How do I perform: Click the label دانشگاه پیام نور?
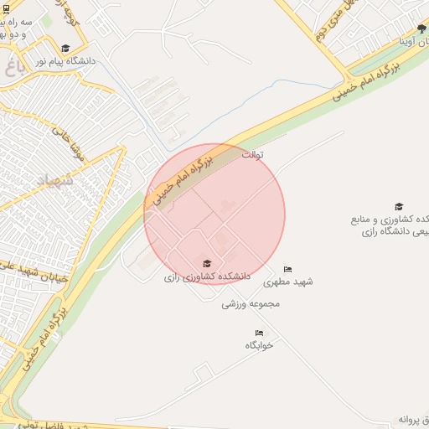point(66,61)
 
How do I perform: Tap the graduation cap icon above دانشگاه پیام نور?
point(66,48)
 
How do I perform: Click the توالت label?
point(252,155)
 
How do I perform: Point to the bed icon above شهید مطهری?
point(287,269)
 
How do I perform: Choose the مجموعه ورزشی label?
point(250,304)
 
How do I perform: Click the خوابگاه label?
point(260,345)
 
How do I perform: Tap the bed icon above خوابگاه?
point(259,333)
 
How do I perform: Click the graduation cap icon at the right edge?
point(399,206)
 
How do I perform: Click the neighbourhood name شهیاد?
point(57,179)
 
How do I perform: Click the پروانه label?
point(413,418)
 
